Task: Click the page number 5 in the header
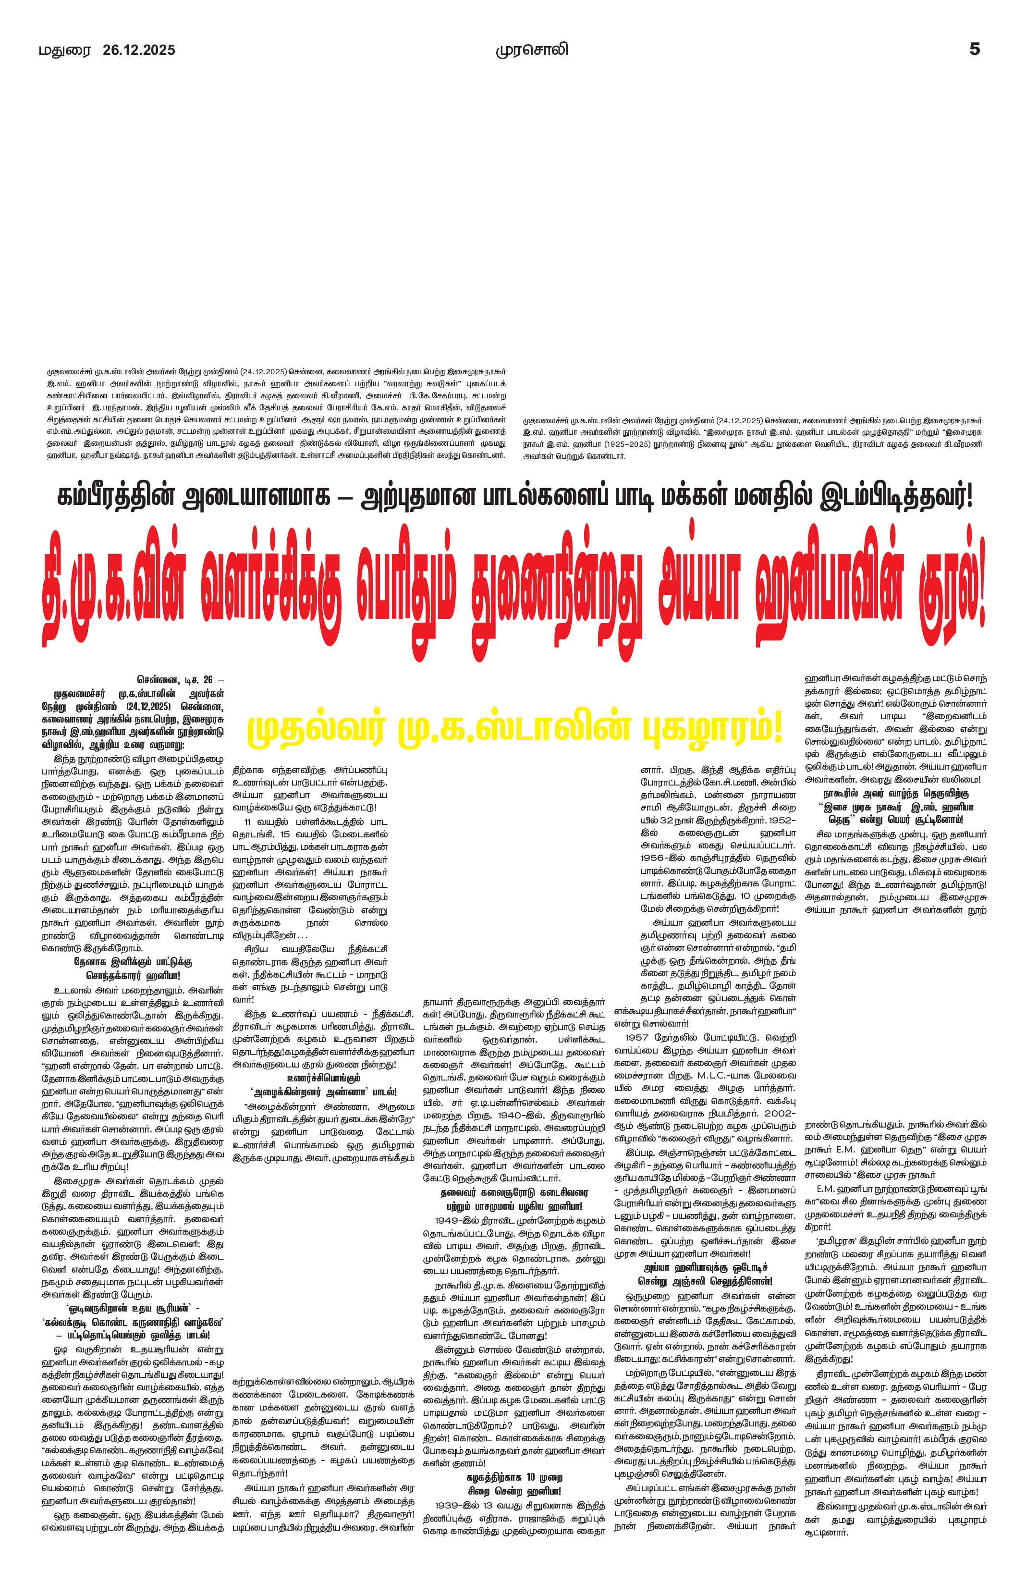[x=974, y=49]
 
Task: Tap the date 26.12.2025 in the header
[x=139, y=50]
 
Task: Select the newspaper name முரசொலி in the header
[x=532, y=50]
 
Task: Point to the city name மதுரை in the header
[x=64, y=50]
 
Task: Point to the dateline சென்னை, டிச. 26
[x=180, y=680]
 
